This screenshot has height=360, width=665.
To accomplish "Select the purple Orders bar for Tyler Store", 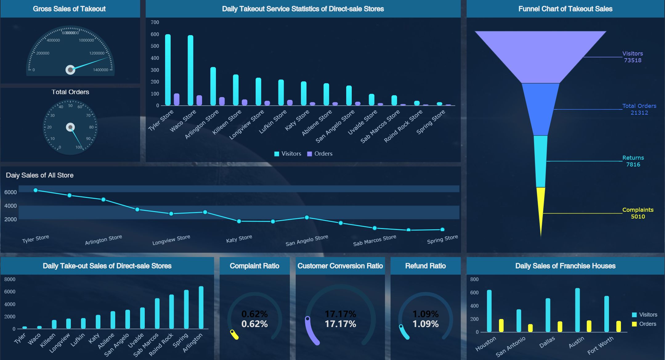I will click(176, 99).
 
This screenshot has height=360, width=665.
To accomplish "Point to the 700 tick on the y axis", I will click(155, 22).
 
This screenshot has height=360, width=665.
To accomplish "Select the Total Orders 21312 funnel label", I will click(639, 109).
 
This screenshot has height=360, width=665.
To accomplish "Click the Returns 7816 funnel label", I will click(633, 161).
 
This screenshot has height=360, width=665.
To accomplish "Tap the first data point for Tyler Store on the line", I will click(35, 190).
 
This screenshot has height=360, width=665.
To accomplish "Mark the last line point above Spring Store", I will click(442, 229).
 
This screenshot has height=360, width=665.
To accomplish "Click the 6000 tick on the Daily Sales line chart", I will click(10, 192).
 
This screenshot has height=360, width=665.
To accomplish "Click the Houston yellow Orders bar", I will click(501, 325).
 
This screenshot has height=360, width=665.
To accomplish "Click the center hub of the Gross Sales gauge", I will click(70, 70).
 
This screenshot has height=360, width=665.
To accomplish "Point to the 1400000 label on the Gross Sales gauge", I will click(100, 70).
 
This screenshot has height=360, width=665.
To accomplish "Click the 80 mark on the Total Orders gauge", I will click(91, 127).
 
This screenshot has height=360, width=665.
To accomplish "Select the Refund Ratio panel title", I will click(425, 266).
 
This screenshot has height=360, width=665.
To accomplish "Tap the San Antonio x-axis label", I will click(511, 347).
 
